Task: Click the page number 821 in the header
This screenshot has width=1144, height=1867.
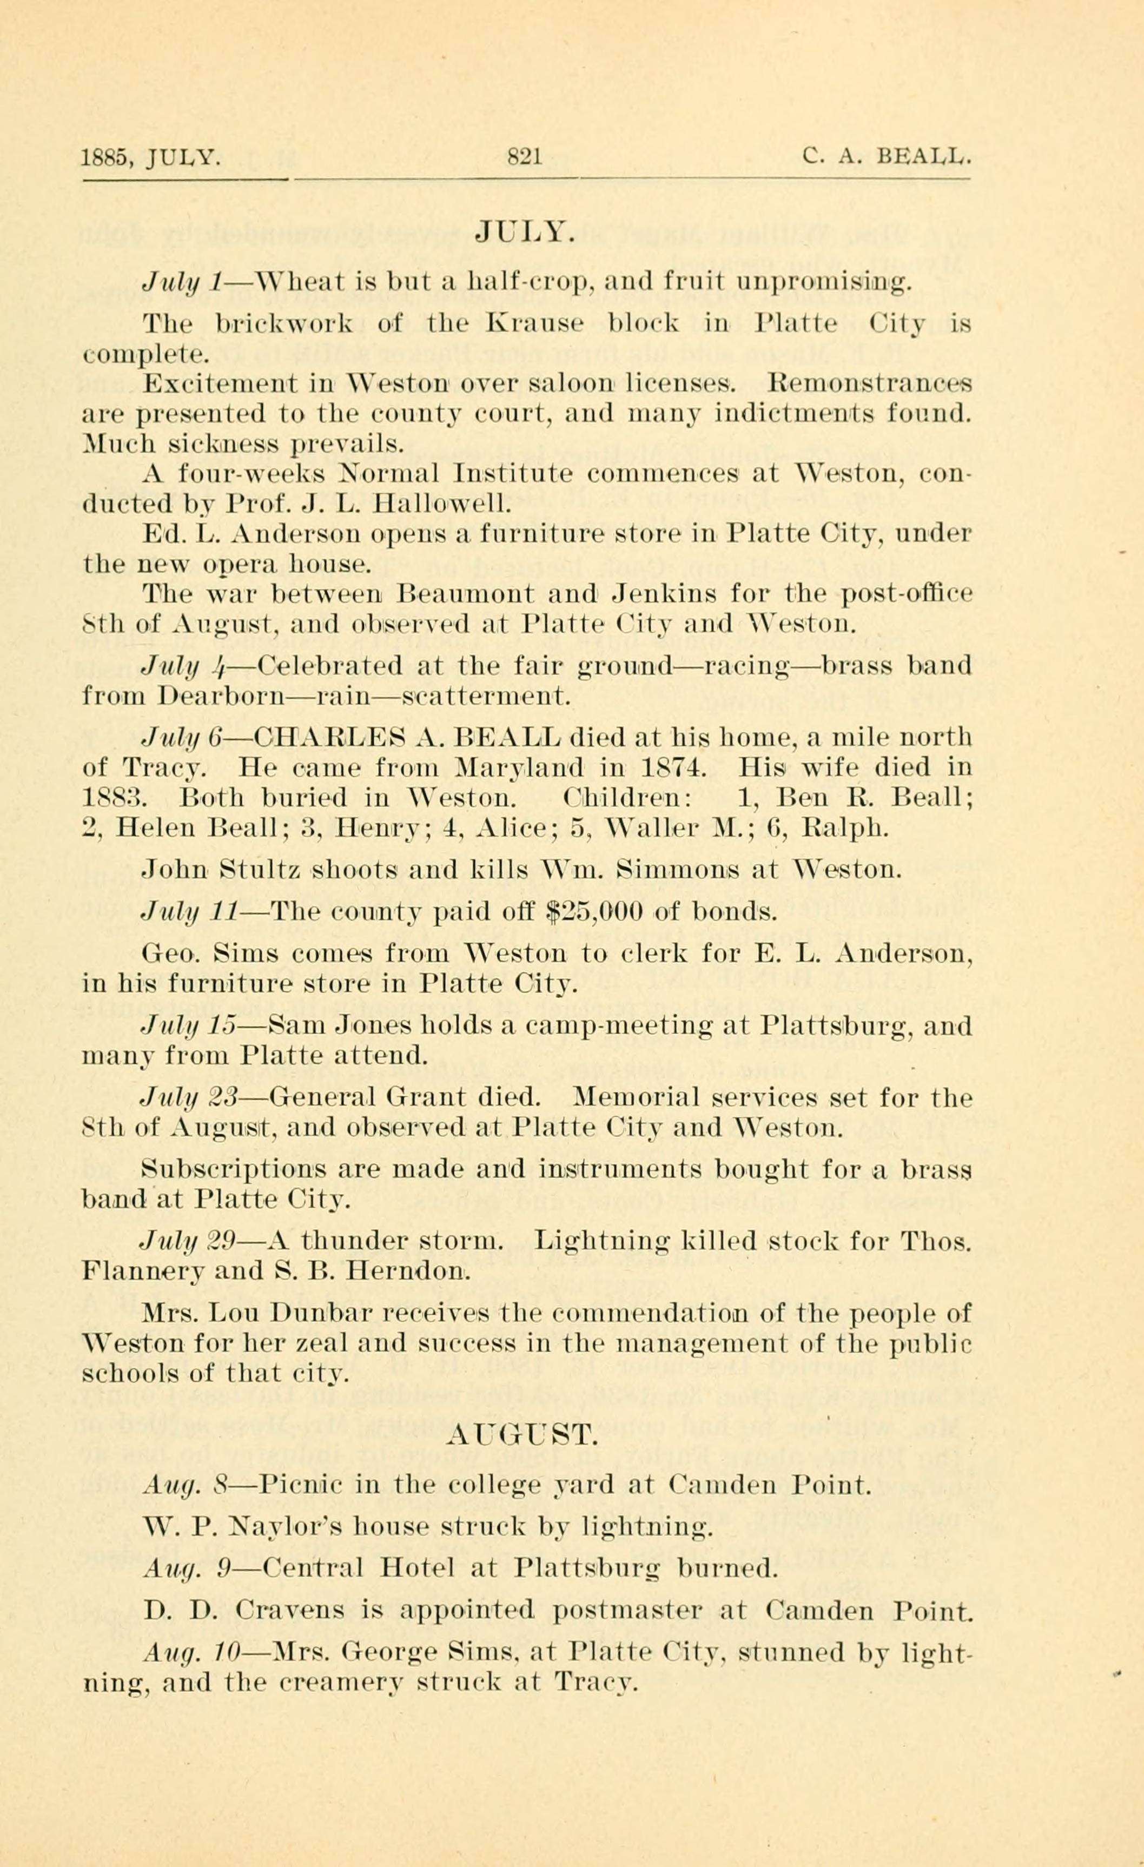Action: point(524,157)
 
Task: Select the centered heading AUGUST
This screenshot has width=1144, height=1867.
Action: point(524,1434)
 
